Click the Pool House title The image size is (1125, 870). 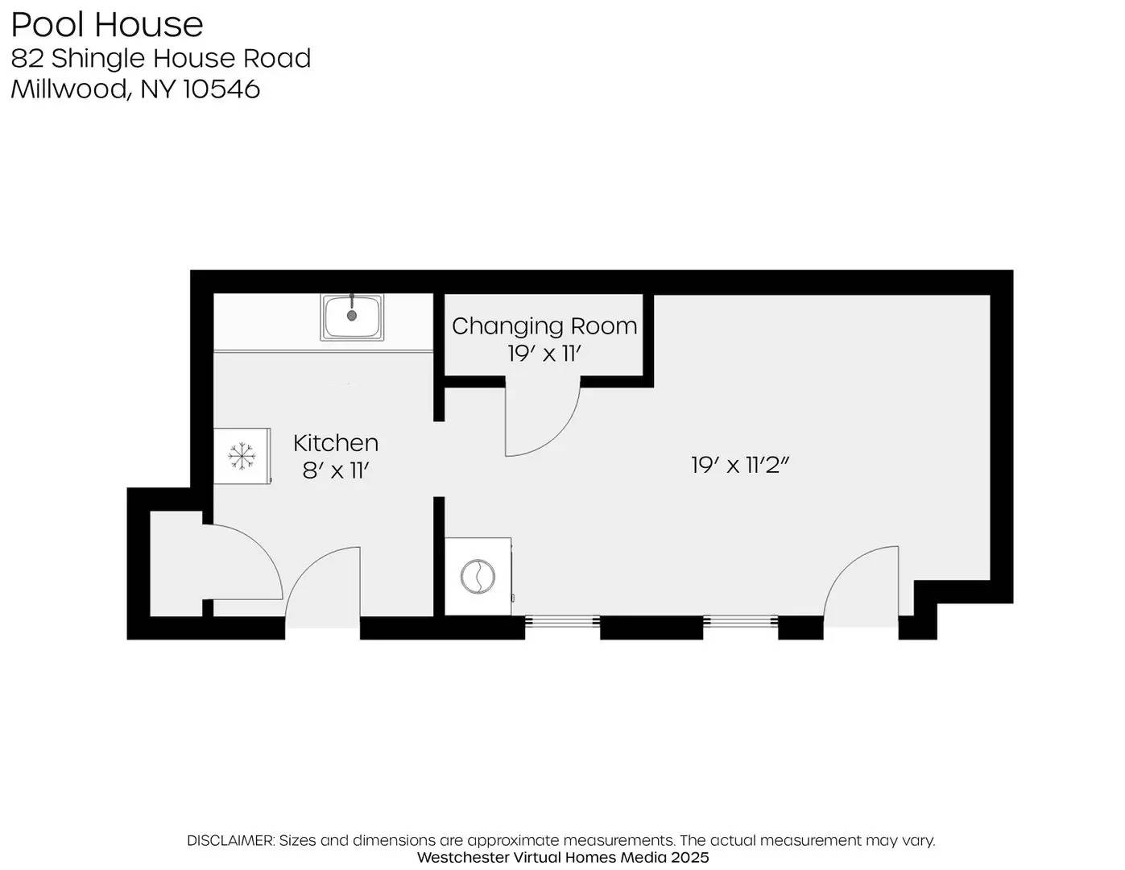click(x=106, y=24)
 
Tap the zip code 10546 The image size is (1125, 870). click(x=221, y=89)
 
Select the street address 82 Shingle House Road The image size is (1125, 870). click(x=161, y=58)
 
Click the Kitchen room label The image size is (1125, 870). click(x=335, y=442)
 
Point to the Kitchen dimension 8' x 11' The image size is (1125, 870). click(x=335, y=470)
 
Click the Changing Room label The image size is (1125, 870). click(x=544, y=325)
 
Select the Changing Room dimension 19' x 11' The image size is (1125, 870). click(x=544, y=353)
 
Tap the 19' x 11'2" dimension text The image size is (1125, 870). click(x=738, y=465)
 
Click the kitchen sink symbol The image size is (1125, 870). click(x=353, y=317)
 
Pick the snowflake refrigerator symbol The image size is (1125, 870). click(x=242, y=456)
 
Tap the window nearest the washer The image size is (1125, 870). click(x=562, y=621)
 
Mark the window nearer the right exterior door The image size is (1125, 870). click(x=740, y=621)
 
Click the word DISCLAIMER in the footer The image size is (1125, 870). click(x=230, y=840)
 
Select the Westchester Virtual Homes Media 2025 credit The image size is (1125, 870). click(x=562, y=857)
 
